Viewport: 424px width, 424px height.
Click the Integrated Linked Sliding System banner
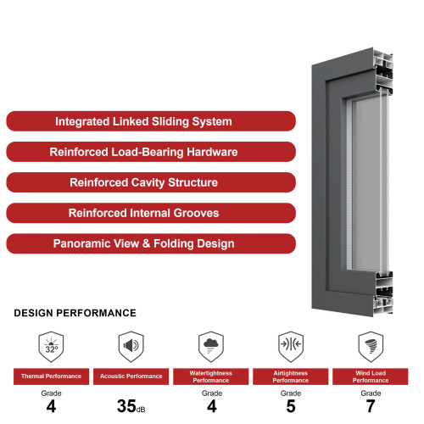[x=151, y=121]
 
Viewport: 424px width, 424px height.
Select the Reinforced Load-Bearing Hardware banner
[x=151, y=152]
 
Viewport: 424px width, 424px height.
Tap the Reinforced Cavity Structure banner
[x=151, y=182]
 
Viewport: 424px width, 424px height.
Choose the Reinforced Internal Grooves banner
[x=151, y=213]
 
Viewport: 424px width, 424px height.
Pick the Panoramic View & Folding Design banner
[x=151, y=243]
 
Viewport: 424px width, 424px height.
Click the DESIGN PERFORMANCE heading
[x=75, y=313]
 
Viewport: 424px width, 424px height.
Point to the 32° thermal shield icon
[x=51, y=347]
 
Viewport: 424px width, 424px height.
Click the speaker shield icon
[x=131, y=347]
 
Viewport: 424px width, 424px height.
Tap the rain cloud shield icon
[x=211, y=347]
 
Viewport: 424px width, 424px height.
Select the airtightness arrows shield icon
[x=291, y=347]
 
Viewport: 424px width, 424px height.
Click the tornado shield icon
[x=371, y=347]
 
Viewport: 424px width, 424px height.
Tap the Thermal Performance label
[x=51, y=377]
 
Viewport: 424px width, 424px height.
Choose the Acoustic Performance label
[x=131, y=377]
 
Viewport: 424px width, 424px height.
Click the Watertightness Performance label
[x=211, y=377]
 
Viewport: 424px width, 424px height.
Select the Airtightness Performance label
[x=291, y=377]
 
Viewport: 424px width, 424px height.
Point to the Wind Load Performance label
[x=371, y=377]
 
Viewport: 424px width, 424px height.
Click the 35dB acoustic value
[x=131, y=406]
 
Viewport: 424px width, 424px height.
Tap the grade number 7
[x=371, y=406]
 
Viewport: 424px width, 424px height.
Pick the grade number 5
[x=291, y=406]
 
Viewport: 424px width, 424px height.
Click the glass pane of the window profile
[x=367, y=184]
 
